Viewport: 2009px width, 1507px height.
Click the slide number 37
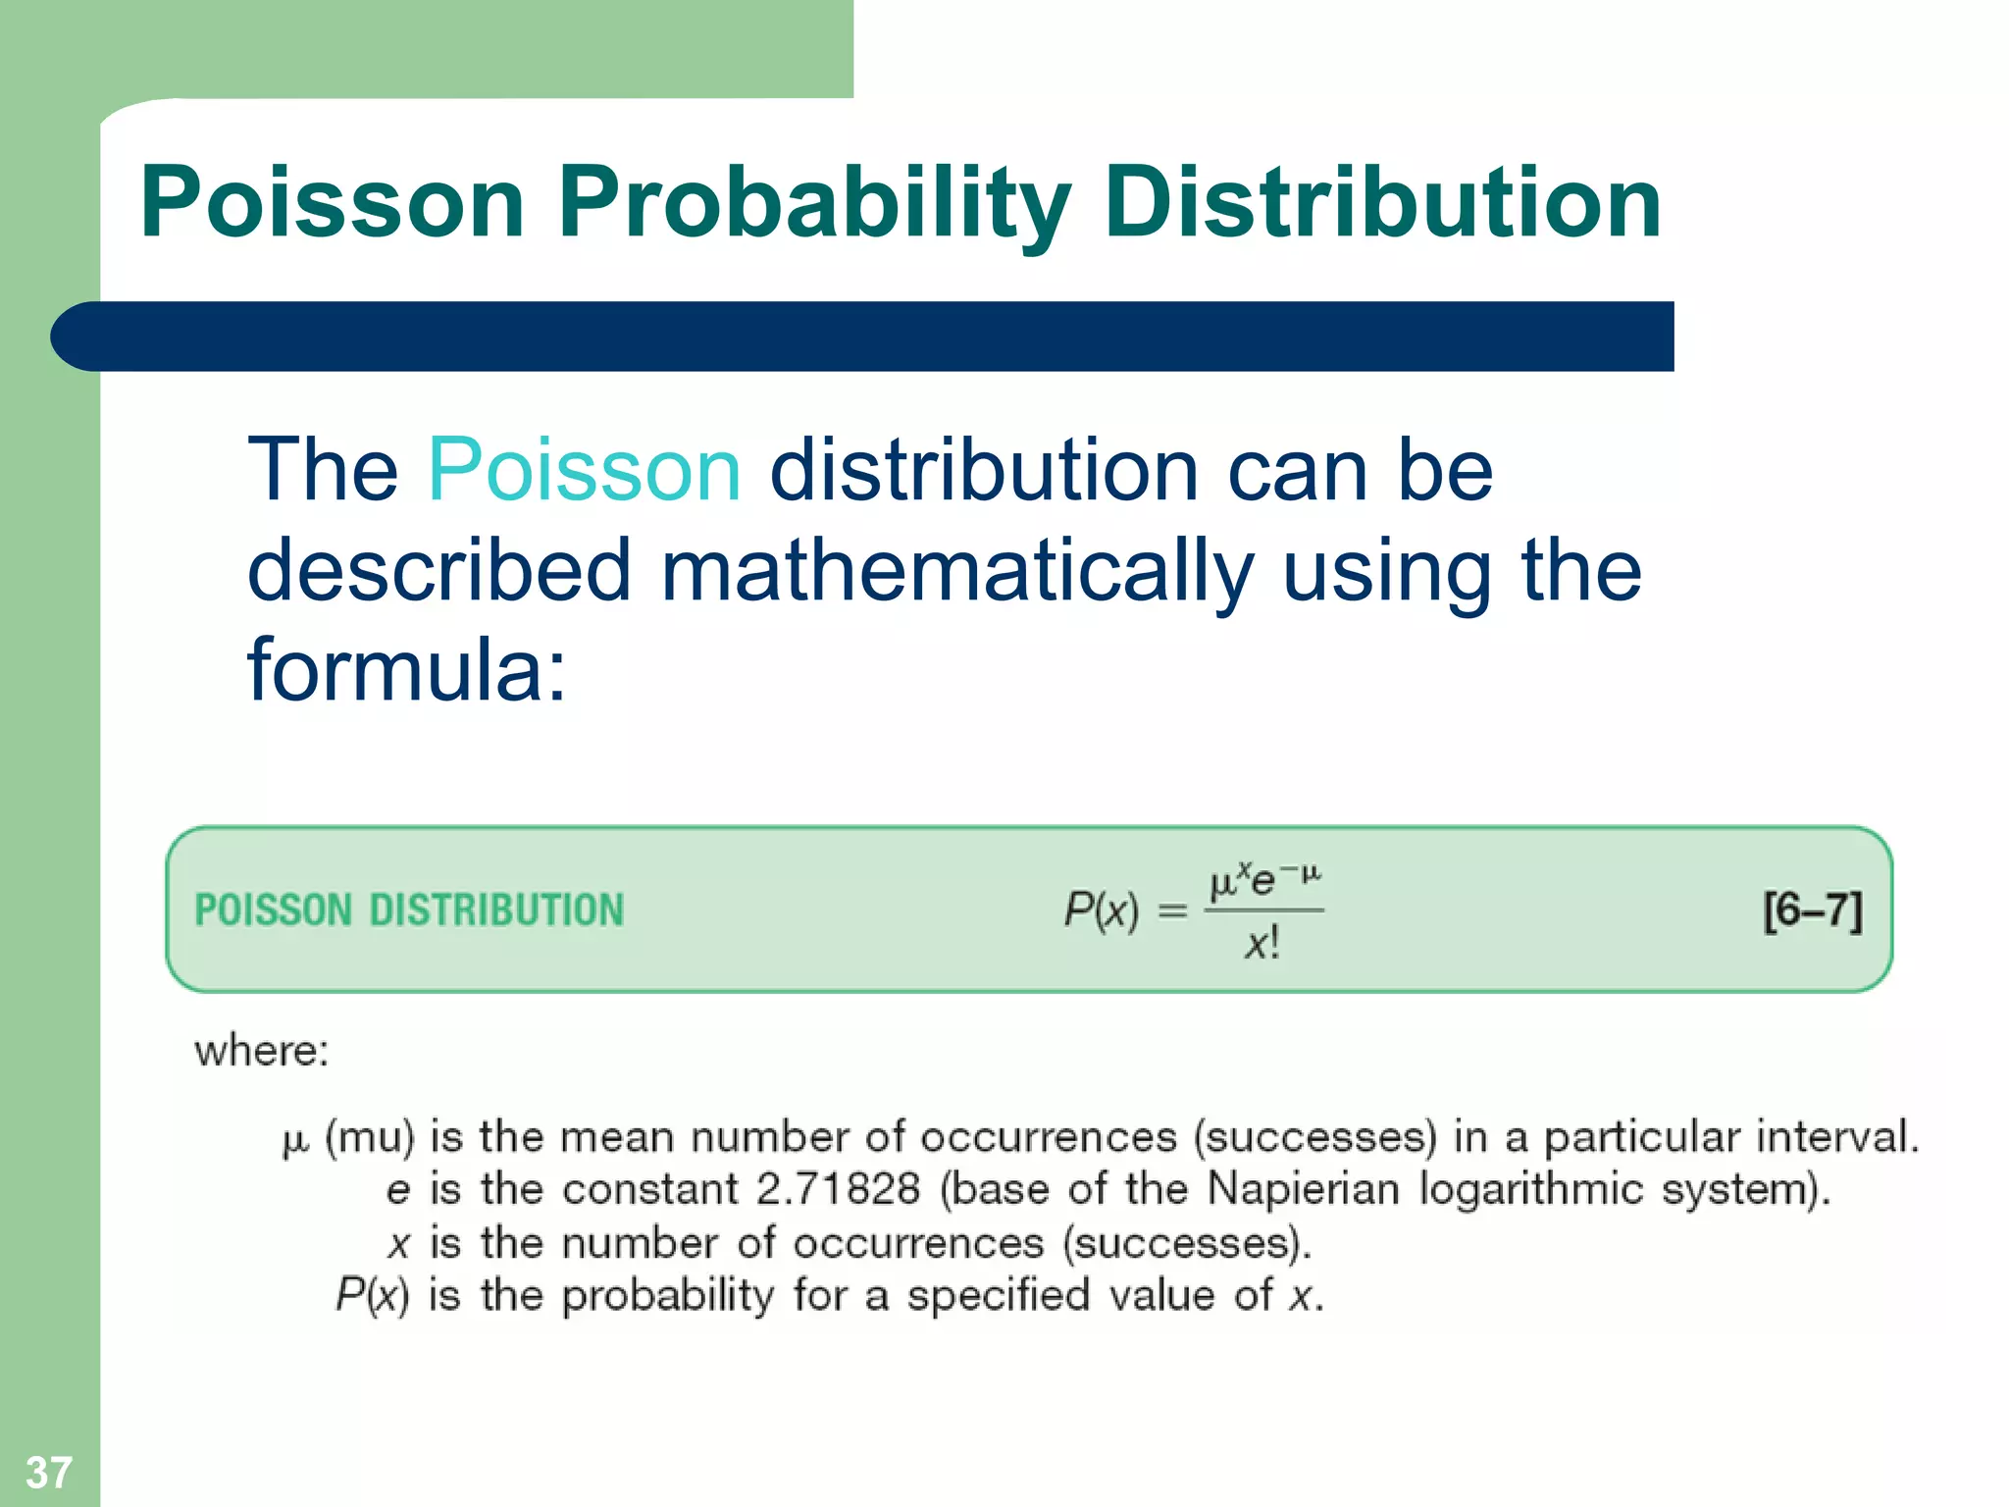click(48, 1472)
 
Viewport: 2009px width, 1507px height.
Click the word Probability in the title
click(814, 203)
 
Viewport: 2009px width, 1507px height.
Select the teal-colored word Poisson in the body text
click(584, 470)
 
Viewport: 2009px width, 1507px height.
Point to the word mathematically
click(956, 572)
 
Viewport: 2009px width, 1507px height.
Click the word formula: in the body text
click(407, 670)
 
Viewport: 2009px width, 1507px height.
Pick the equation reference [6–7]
click(1811, 910)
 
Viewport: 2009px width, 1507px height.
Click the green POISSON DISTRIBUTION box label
click(409, 910)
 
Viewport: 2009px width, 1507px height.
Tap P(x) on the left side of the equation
click(1101, 910)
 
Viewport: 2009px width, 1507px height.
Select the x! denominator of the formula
click(1262, 944)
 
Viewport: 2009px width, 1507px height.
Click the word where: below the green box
click(261, 1051)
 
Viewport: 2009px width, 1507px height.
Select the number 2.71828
click(838, 1189)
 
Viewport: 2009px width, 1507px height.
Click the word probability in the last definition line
click(668, 1296)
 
